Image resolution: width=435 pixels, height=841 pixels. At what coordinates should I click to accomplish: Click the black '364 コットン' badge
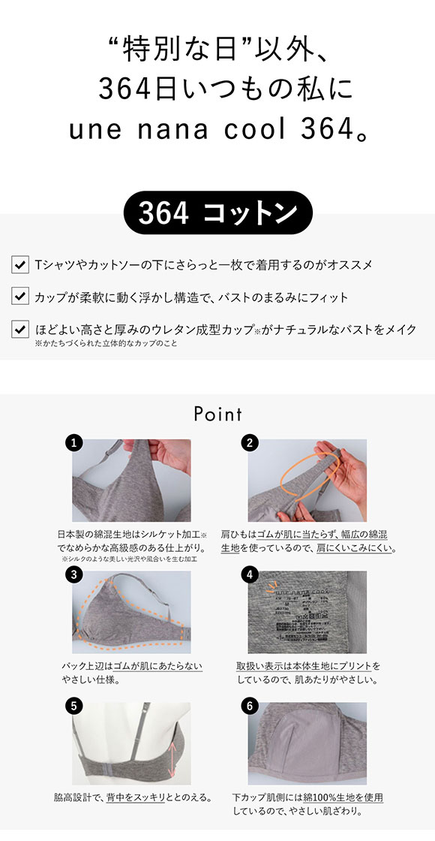(x=217, y=213)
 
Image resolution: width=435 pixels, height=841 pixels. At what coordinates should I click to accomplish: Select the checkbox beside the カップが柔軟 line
(x=20, y=297)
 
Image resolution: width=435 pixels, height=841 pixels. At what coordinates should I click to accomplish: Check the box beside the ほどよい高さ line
(x=20, y=329)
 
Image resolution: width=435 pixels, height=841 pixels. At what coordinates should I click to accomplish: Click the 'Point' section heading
(x=217, y=414)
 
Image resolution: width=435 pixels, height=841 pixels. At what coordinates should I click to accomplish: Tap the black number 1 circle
(x=73, y=443)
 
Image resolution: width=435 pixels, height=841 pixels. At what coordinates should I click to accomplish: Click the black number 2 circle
(x=250, y=443)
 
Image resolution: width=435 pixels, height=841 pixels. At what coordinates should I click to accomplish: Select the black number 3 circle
(x=73, y=575)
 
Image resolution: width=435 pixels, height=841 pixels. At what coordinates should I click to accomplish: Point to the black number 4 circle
(x=250, y=575)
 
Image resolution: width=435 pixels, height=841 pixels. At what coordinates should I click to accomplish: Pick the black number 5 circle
(x=73, y=706)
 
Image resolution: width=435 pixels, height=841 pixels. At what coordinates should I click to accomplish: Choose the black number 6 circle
(x=250, y=706)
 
